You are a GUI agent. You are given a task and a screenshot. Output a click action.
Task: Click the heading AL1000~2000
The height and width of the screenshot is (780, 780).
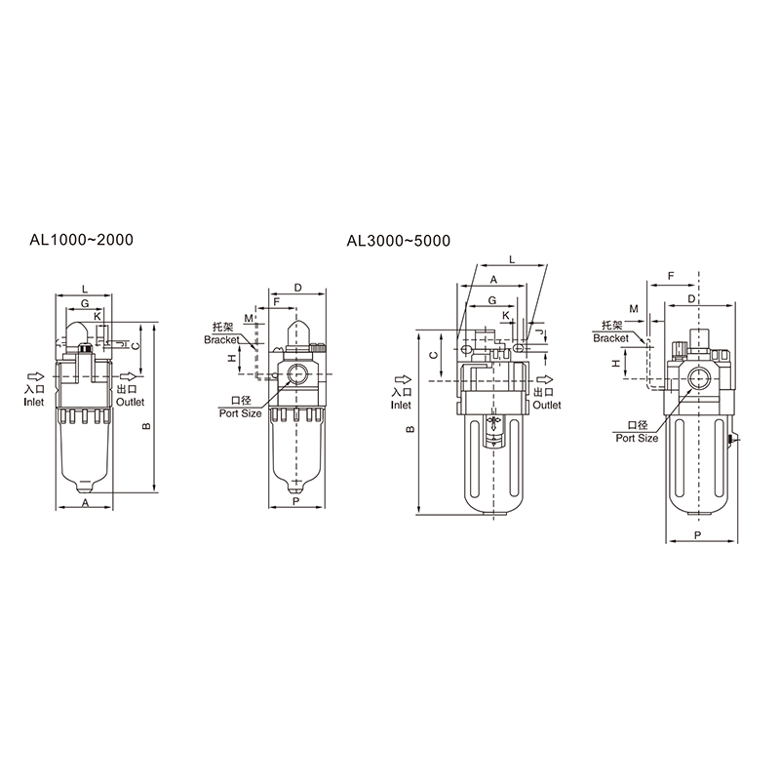tap(82, 240)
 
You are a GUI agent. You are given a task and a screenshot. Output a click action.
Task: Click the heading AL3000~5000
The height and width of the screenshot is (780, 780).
tap(399, 241)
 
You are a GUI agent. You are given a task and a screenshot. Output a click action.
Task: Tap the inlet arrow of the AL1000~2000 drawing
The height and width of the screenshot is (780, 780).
tap(36, 376)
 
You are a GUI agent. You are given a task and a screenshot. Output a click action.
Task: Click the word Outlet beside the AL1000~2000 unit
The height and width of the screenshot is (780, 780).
tap(130, 402)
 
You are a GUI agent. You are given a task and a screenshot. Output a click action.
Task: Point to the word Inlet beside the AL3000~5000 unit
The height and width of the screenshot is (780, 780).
tap(401, 405)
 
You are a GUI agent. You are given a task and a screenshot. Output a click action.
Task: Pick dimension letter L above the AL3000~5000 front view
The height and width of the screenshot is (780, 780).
tap(512, 259)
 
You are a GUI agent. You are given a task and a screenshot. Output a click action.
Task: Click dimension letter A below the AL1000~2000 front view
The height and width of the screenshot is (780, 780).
tap(85, 503)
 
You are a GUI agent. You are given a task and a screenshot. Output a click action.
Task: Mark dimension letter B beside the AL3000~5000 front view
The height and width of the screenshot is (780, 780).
tap(410, 429)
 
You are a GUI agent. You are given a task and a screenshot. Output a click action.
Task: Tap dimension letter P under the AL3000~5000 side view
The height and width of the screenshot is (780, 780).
tap(698, 535)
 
